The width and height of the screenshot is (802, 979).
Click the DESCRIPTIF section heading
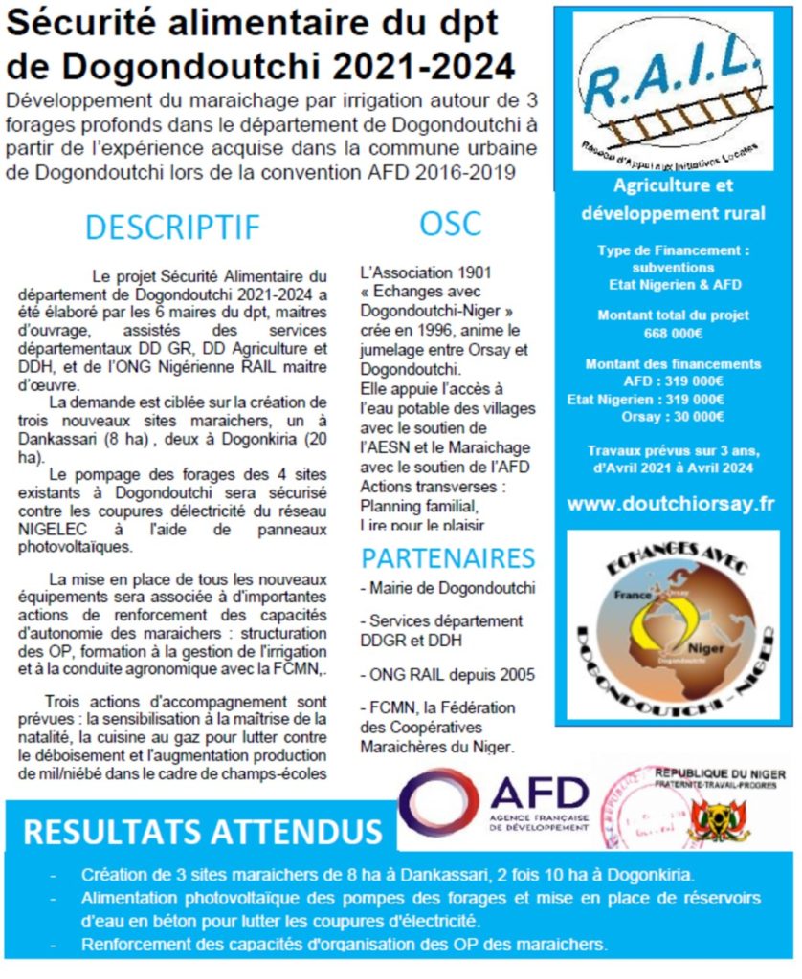[x=172, y=227]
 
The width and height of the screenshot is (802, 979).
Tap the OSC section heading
[x=450, y=223]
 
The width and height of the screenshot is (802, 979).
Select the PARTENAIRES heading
[x=447, y=557]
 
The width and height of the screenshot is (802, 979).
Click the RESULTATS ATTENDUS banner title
[x=202, y=831]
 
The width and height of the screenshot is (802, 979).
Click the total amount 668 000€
[x=673, y=334]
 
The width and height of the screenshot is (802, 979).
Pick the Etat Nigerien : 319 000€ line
[x=646, y=399]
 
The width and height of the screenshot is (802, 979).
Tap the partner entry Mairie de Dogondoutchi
[x=447, y=586]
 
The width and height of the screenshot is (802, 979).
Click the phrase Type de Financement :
[x=673, y=250]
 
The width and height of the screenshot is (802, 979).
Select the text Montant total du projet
[x=673, y=315]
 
